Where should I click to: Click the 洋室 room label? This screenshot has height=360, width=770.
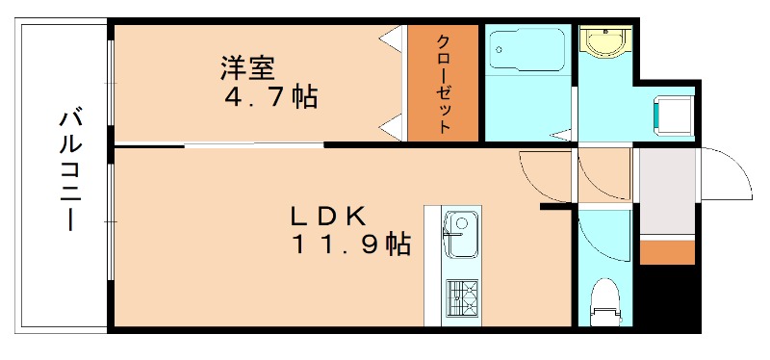pos(248,68)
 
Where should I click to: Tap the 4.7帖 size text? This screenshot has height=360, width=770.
pos(269,97)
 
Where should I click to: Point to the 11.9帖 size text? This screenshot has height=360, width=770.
pos(350,244)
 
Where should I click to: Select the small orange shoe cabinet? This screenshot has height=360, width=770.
pos(667,252)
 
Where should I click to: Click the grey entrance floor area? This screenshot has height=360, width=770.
pos(666,193)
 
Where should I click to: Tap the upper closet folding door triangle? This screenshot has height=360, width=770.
pos(392,40)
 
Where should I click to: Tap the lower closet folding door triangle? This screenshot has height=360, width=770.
pos(392,125)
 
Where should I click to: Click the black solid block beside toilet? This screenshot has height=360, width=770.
pos(671,298)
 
